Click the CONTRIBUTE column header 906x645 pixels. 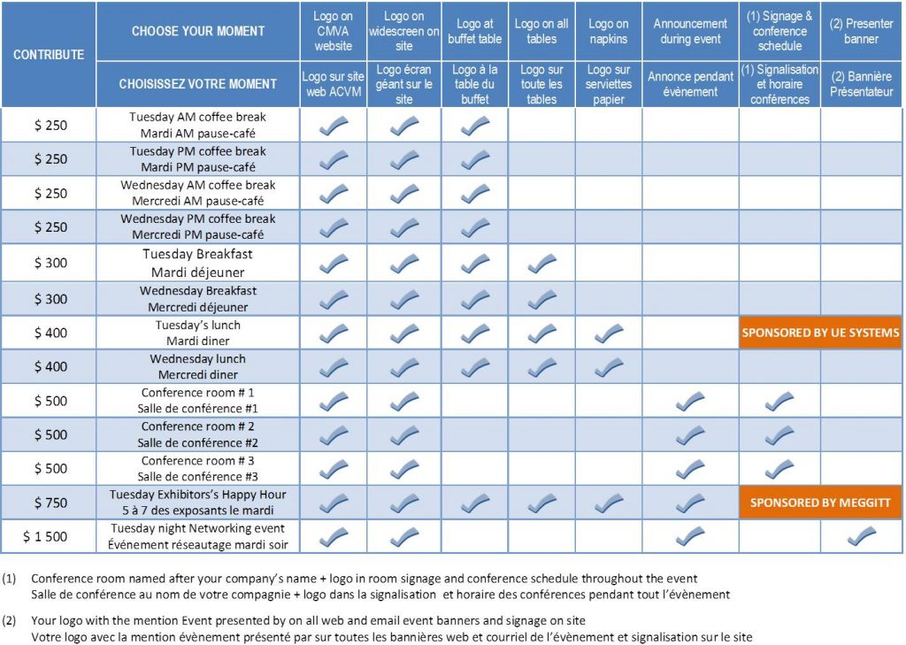click(49, 55)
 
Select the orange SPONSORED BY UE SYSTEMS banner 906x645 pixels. click(820, 333)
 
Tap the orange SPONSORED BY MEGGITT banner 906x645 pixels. click(820, 502)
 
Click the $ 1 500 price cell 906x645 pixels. click(50, 536)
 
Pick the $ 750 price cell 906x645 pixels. click(50, 503)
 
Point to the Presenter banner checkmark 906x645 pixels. click(861, 535)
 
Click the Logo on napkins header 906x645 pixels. click(609, 31)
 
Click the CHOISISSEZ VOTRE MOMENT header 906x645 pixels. click(197, 84)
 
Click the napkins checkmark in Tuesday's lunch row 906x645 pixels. click(609, 333)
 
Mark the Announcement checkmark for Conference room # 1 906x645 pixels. click(691, 401)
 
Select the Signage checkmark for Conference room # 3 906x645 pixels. click(779, 468)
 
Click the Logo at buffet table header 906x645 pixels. click(475, 31)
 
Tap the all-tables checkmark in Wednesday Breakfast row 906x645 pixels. click(541, 298)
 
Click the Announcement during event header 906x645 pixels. click(691, 31)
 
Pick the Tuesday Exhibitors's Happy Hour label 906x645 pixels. click(197, 502)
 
